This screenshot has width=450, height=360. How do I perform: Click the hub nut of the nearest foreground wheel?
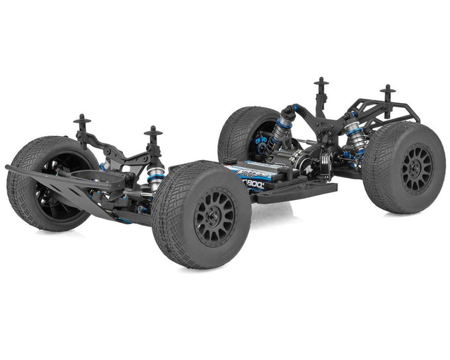click(214, 222)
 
